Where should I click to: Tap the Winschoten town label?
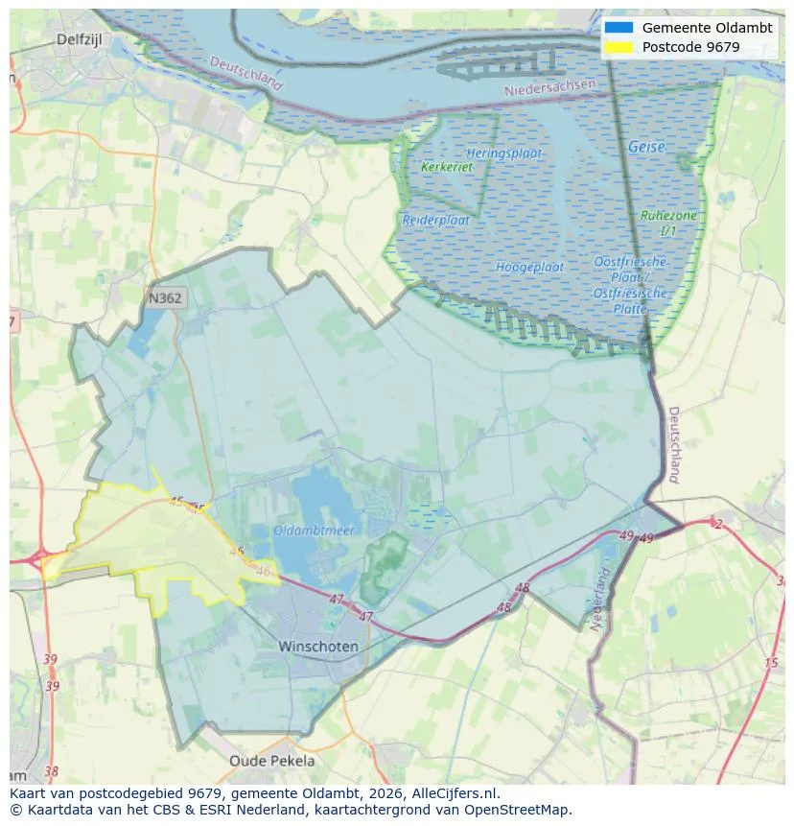[x=318, y=647]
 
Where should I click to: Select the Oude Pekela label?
[x=271, y=761]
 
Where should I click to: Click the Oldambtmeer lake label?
[x=314, y=530]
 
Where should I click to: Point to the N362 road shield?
[x=165, y=298]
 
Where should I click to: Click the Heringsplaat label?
[x=504, y=153]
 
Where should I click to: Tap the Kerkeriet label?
[x=447, y=167]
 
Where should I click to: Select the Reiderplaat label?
[x=435, y=220]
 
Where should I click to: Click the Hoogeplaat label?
[x=529, y=267]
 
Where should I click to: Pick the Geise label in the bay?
[x=646, y=147]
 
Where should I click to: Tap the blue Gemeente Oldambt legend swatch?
[x=619, y=28]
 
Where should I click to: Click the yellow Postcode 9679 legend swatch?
[x=619, y=47]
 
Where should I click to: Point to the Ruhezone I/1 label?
[x=668, y=223]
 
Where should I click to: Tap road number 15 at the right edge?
[x=771, y=663]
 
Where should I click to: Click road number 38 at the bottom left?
[x=51, y=770]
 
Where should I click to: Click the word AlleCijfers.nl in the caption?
[x=449, y=794]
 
